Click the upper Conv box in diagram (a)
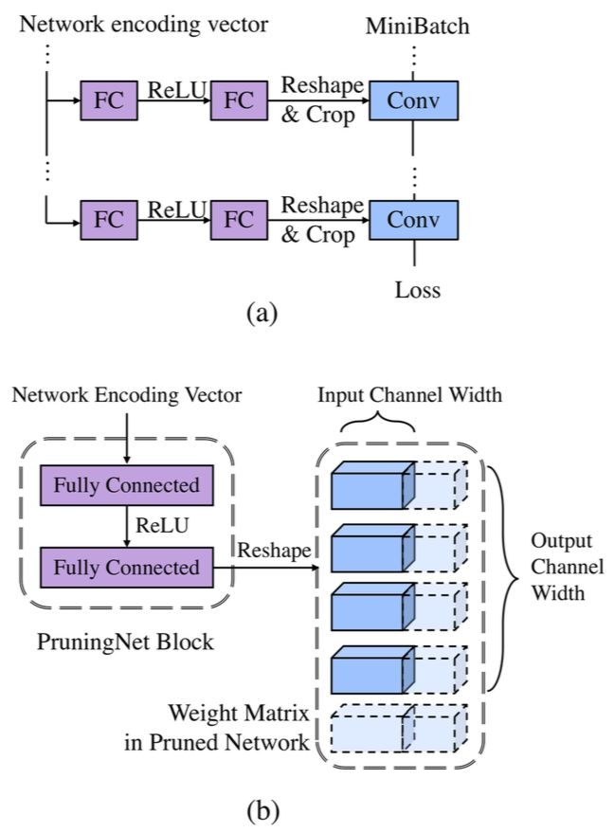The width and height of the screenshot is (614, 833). (414, 99)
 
